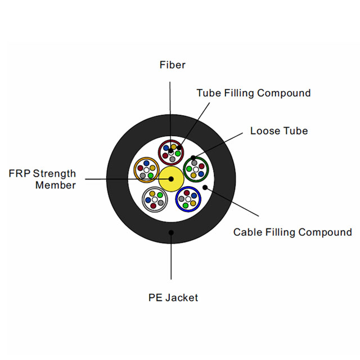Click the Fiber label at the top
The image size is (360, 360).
[x=172, y=65]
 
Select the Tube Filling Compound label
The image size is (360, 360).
[x=253, y=93]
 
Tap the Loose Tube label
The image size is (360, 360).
[x=279, y=131]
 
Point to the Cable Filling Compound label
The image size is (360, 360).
[x=292, y=232]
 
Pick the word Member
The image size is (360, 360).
[x=56, y=185]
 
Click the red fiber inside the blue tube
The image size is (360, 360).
[x=186, y=193]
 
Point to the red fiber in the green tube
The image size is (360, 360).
[x=201, y=166]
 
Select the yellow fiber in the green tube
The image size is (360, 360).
[x=193, y=175]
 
